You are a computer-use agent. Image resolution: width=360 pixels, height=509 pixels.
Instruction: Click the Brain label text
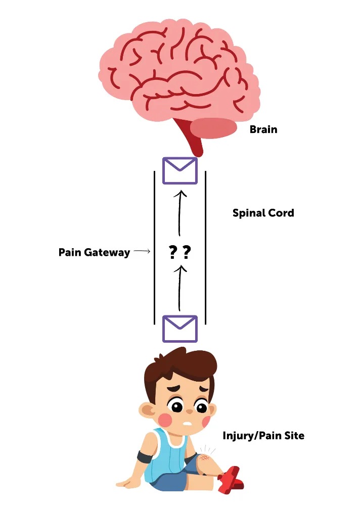(x=263, y=129)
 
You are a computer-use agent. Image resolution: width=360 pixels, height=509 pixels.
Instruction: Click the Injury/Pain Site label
(x=263, y=435)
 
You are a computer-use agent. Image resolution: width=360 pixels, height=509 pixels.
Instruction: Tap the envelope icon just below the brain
(x=179, y=170)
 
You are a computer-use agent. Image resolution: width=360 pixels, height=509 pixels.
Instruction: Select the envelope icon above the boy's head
(x=179, y=329)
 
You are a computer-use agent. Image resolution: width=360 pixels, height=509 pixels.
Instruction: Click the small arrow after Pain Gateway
(x=143, y=251)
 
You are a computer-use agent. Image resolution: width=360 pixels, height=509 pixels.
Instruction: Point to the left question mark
(x=172, y=252)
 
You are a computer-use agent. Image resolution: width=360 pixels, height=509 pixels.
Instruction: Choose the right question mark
(x=187, y=252)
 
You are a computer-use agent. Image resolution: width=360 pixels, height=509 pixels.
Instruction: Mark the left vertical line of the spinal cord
(x=154, y=248)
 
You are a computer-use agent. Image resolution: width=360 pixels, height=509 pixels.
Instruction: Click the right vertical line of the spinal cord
(x=205, y=248)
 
